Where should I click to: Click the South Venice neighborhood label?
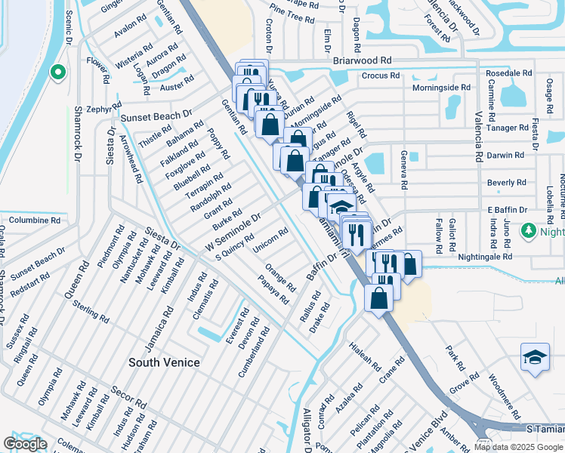[164, 362]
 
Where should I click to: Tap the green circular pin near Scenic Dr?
[57, 72]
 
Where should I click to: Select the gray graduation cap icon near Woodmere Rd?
[534, 357]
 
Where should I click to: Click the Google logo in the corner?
[25, 444]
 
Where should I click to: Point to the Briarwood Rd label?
[362, 60]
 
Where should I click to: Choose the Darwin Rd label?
[505, 155]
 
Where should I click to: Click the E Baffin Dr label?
[506, 209]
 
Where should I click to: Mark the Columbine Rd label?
[35, 220]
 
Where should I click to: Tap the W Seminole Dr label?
[233, 232]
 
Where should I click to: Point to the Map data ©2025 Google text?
[517, 446]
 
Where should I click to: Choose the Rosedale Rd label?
[509, 73]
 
